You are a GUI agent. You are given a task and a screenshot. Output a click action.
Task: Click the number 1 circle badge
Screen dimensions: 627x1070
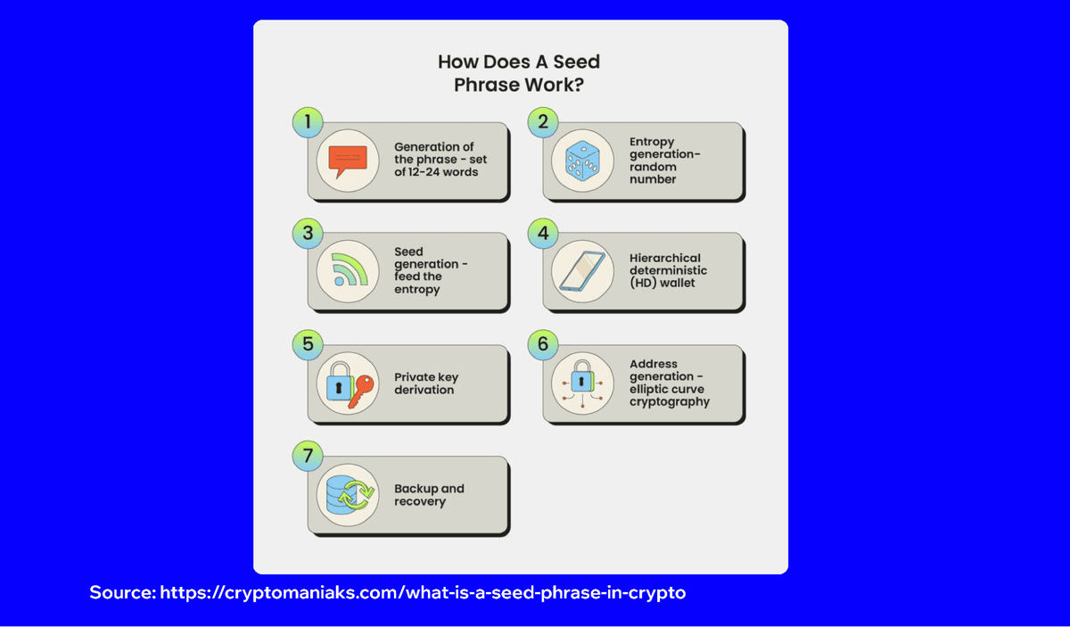(308, 122)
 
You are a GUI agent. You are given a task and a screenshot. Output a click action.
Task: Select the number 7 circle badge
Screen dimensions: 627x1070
(308, 457)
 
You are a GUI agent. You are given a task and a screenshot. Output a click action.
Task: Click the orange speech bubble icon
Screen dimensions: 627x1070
(348, 161)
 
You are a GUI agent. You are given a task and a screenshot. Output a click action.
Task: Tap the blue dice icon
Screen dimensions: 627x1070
(582, 161)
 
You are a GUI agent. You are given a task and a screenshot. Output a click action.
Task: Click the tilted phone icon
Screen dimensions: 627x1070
(582, 271)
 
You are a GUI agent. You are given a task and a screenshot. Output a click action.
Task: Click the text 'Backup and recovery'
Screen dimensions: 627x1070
(429, 495)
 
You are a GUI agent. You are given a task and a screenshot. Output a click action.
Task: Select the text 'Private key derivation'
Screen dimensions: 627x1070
(426, 384)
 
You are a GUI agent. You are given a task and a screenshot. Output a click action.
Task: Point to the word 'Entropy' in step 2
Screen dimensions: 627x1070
(652, 141)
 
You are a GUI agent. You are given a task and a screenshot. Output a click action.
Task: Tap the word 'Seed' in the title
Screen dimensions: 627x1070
(575, 62)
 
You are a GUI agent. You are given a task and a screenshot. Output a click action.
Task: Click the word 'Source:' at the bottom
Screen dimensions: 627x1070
(122, 592)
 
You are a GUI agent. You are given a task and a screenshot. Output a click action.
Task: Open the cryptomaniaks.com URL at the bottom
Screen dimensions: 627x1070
(423, 592)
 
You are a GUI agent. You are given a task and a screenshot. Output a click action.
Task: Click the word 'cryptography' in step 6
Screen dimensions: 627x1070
(670, 401)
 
